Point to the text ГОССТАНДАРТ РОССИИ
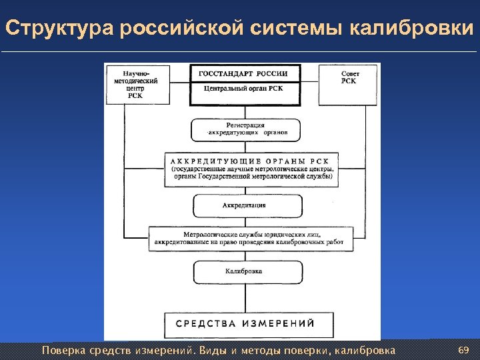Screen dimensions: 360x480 pyautogui.click(x=244, y=73)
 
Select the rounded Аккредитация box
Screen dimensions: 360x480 pyautogui.click(x=247, y=205)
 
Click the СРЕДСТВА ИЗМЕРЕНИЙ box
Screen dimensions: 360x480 pyautogui.click(x=244, y=324)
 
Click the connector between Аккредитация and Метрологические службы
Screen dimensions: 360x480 pyautogui.click(x=247, y=222)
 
